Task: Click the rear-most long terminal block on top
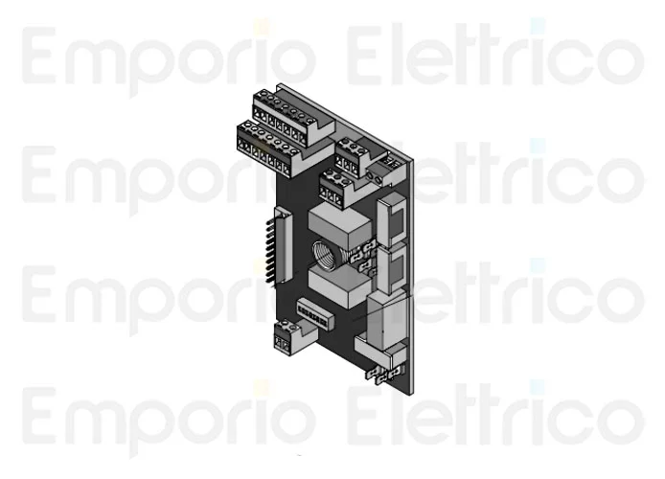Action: point(293,110)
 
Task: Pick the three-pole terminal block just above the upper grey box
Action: point(334,187)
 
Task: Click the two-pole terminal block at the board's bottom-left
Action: point(287,337)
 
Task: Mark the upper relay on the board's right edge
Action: point(393,220)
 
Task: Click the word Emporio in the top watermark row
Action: point(169,59)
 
